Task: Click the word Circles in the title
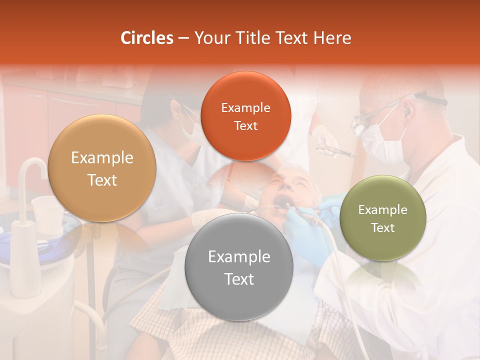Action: tap(147, 38)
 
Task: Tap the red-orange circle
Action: tap(245, 116)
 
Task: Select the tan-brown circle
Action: tap(102, 168)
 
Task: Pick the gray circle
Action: tap(239, 267)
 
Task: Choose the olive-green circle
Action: tap(383, 218)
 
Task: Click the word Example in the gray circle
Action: tap(239, 257)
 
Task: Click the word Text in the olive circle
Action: tap(383, 228)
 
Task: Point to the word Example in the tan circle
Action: tap(102, 158)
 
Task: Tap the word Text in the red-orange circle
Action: tap(245, 126)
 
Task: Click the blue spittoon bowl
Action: tap(20, 240)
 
